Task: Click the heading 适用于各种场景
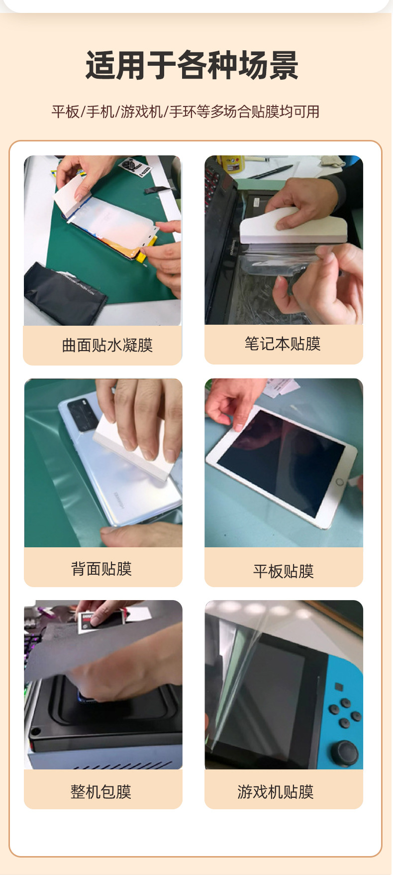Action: pyautogui.click(x=192, y=65)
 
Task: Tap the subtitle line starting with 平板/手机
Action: pyautogui.click(x=186, y=112)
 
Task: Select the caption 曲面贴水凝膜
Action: pyautogui.click(x=107, y=345)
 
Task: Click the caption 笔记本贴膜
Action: pyautogui.click(x=283, y=344)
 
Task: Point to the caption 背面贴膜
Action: pyautogui.click(x=101, y=569)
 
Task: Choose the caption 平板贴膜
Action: pyautogui.click(x=283, y=571)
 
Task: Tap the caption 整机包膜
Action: pyautogui.click(x=101, y=791)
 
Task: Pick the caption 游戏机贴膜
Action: pyautogui.click(x=276, y=791)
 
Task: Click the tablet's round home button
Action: pyautogui.click(x=339, y=482)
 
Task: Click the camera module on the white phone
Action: pyautogui.click(x=83, y=414)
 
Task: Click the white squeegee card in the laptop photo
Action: pyautogui.click(x=293, y=227)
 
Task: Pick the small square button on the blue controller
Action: pyautogui.click(x=339, y=687)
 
